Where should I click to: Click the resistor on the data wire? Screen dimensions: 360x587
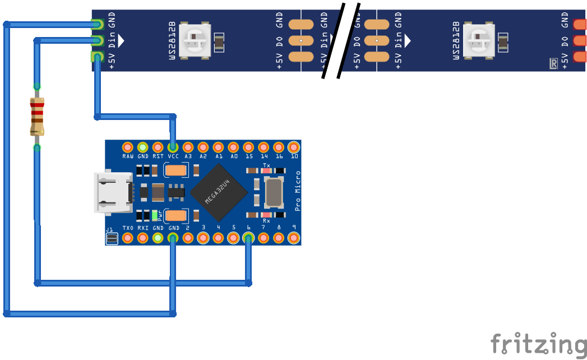[x=36, y=116]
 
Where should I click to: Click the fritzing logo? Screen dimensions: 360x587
[x=538, y=343]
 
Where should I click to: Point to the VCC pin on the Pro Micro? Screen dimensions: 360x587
[x=173, y=147]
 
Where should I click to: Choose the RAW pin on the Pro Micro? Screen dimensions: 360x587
[x=128, y=147]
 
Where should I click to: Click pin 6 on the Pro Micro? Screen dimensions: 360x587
[x=248, y=238]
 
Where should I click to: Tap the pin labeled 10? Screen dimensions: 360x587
[x=294, y=147]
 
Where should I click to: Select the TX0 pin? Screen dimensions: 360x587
[x=128, y=238]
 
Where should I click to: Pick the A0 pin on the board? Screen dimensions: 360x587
[x=234, y=147]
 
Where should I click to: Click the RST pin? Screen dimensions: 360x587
[x=158, y=147]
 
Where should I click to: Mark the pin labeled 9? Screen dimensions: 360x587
[x=294, y=238]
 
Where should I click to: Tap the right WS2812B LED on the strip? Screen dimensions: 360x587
[x=480, y=40]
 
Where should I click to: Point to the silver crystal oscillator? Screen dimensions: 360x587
[x=273, y=192]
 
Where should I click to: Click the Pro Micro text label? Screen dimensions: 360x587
[x=298, y=192]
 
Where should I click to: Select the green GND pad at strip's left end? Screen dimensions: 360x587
[x=98, y=25]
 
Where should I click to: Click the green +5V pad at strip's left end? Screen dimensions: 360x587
[x=98, y=56]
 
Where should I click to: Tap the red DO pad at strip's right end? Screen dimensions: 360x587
[x=580, y=40]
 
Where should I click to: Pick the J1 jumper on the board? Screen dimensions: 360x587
[x=112, y=239]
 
